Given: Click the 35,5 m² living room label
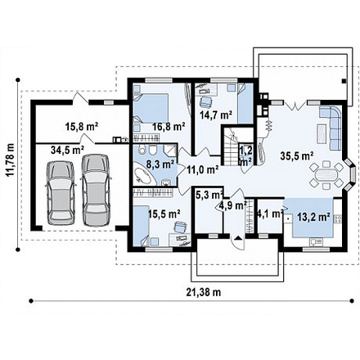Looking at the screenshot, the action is pyautogui.click(x=296, y=155).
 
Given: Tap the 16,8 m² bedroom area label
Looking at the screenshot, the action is pyautogui.click(x=169, y=126).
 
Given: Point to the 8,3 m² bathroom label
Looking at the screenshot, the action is pyautogui.click(x=160, y=164).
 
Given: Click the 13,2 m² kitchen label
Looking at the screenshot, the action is pyautogui.click(x=313, y=217).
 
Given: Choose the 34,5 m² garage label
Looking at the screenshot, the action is pyautogui.click(x=67, y=150).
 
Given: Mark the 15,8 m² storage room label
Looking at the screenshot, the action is pyautogui.click(x=82, y=126).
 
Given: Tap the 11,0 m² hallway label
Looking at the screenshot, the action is pyautogui.click(x=203, y=169).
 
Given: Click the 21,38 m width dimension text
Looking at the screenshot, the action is pyautogui.click(x=204, y=292).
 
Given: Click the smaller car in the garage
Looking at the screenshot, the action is pyautogui.click(x=61, y=192).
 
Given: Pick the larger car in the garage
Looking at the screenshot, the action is pyautogui.click(x=96, y=190).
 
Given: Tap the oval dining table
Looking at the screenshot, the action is pyautogui.click(x=326, y=175).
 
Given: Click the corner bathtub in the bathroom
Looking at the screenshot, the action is pyautogui.click(x=142, y=176).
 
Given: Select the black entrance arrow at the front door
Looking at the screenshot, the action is pyautogui.click(x=239, y=237).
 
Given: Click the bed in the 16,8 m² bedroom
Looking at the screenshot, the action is pyautogui.click(x=151, y=108).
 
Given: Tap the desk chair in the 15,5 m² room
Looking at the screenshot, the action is pyautogui.click(x=180, y=227).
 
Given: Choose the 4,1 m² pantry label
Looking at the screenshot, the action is pyautogui.click(x=270, y=214).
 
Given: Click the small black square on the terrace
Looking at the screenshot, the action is pyautogui.click(x=344, y=81).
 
